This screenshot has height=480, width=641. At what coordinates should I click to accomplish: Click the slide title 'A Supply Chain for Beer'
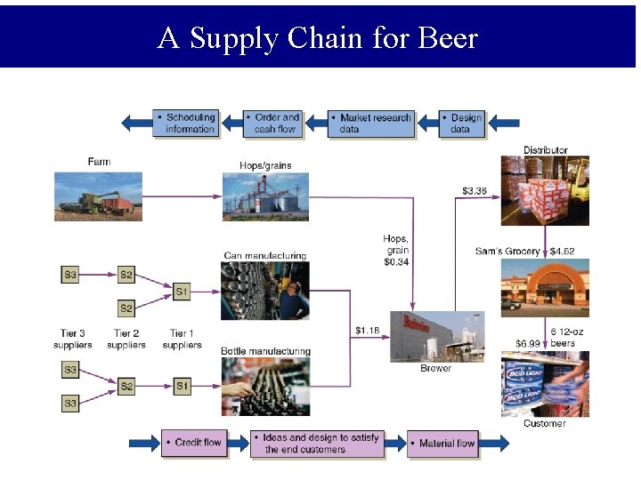point(318,38)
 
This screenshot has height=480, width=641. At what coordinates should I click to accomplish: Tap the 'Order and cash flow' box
point(273,123)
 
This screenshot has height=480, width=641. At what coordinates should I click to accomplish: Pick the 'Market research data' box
point(371,123)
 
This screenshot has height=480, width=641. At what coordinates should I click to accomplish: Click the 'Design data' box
point(463,123)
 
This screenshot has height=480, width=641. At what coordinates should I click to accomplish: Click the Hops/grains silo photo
point(265,196)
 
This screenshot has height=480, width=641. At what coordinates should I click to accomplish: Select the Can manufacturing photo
point(265,291)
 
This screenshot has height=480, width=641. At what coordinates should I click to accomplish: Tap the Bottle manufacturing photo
point(265,386)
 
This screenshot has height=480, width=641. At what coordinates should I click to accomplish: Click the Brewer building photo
point(437,336)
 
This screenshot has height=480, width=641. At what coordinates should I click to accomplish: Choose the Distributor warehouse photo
point(545,190)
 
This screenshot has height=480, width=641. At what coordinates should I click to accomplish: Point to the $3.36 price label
point(475,190)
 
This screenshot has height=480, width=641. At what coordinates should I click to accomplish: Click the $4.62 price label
point(563,252)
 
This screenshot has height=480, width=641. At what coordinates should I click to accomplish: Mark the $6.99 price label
point(528,343)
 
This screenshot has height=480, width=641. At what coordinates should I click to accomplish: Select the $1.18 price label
point(367,331)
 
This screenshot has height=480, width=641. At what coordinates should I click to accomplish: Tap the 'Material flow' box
point(443,443)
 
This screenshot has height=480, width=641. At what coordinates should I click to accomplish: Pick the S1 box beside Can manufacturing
point(182,291)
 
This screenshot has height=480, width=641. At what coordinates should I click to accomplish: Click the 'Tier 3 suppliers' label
point(72,340)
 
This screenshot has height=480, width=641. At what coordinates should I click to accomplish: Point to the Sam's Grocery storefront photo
point(545,288)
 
